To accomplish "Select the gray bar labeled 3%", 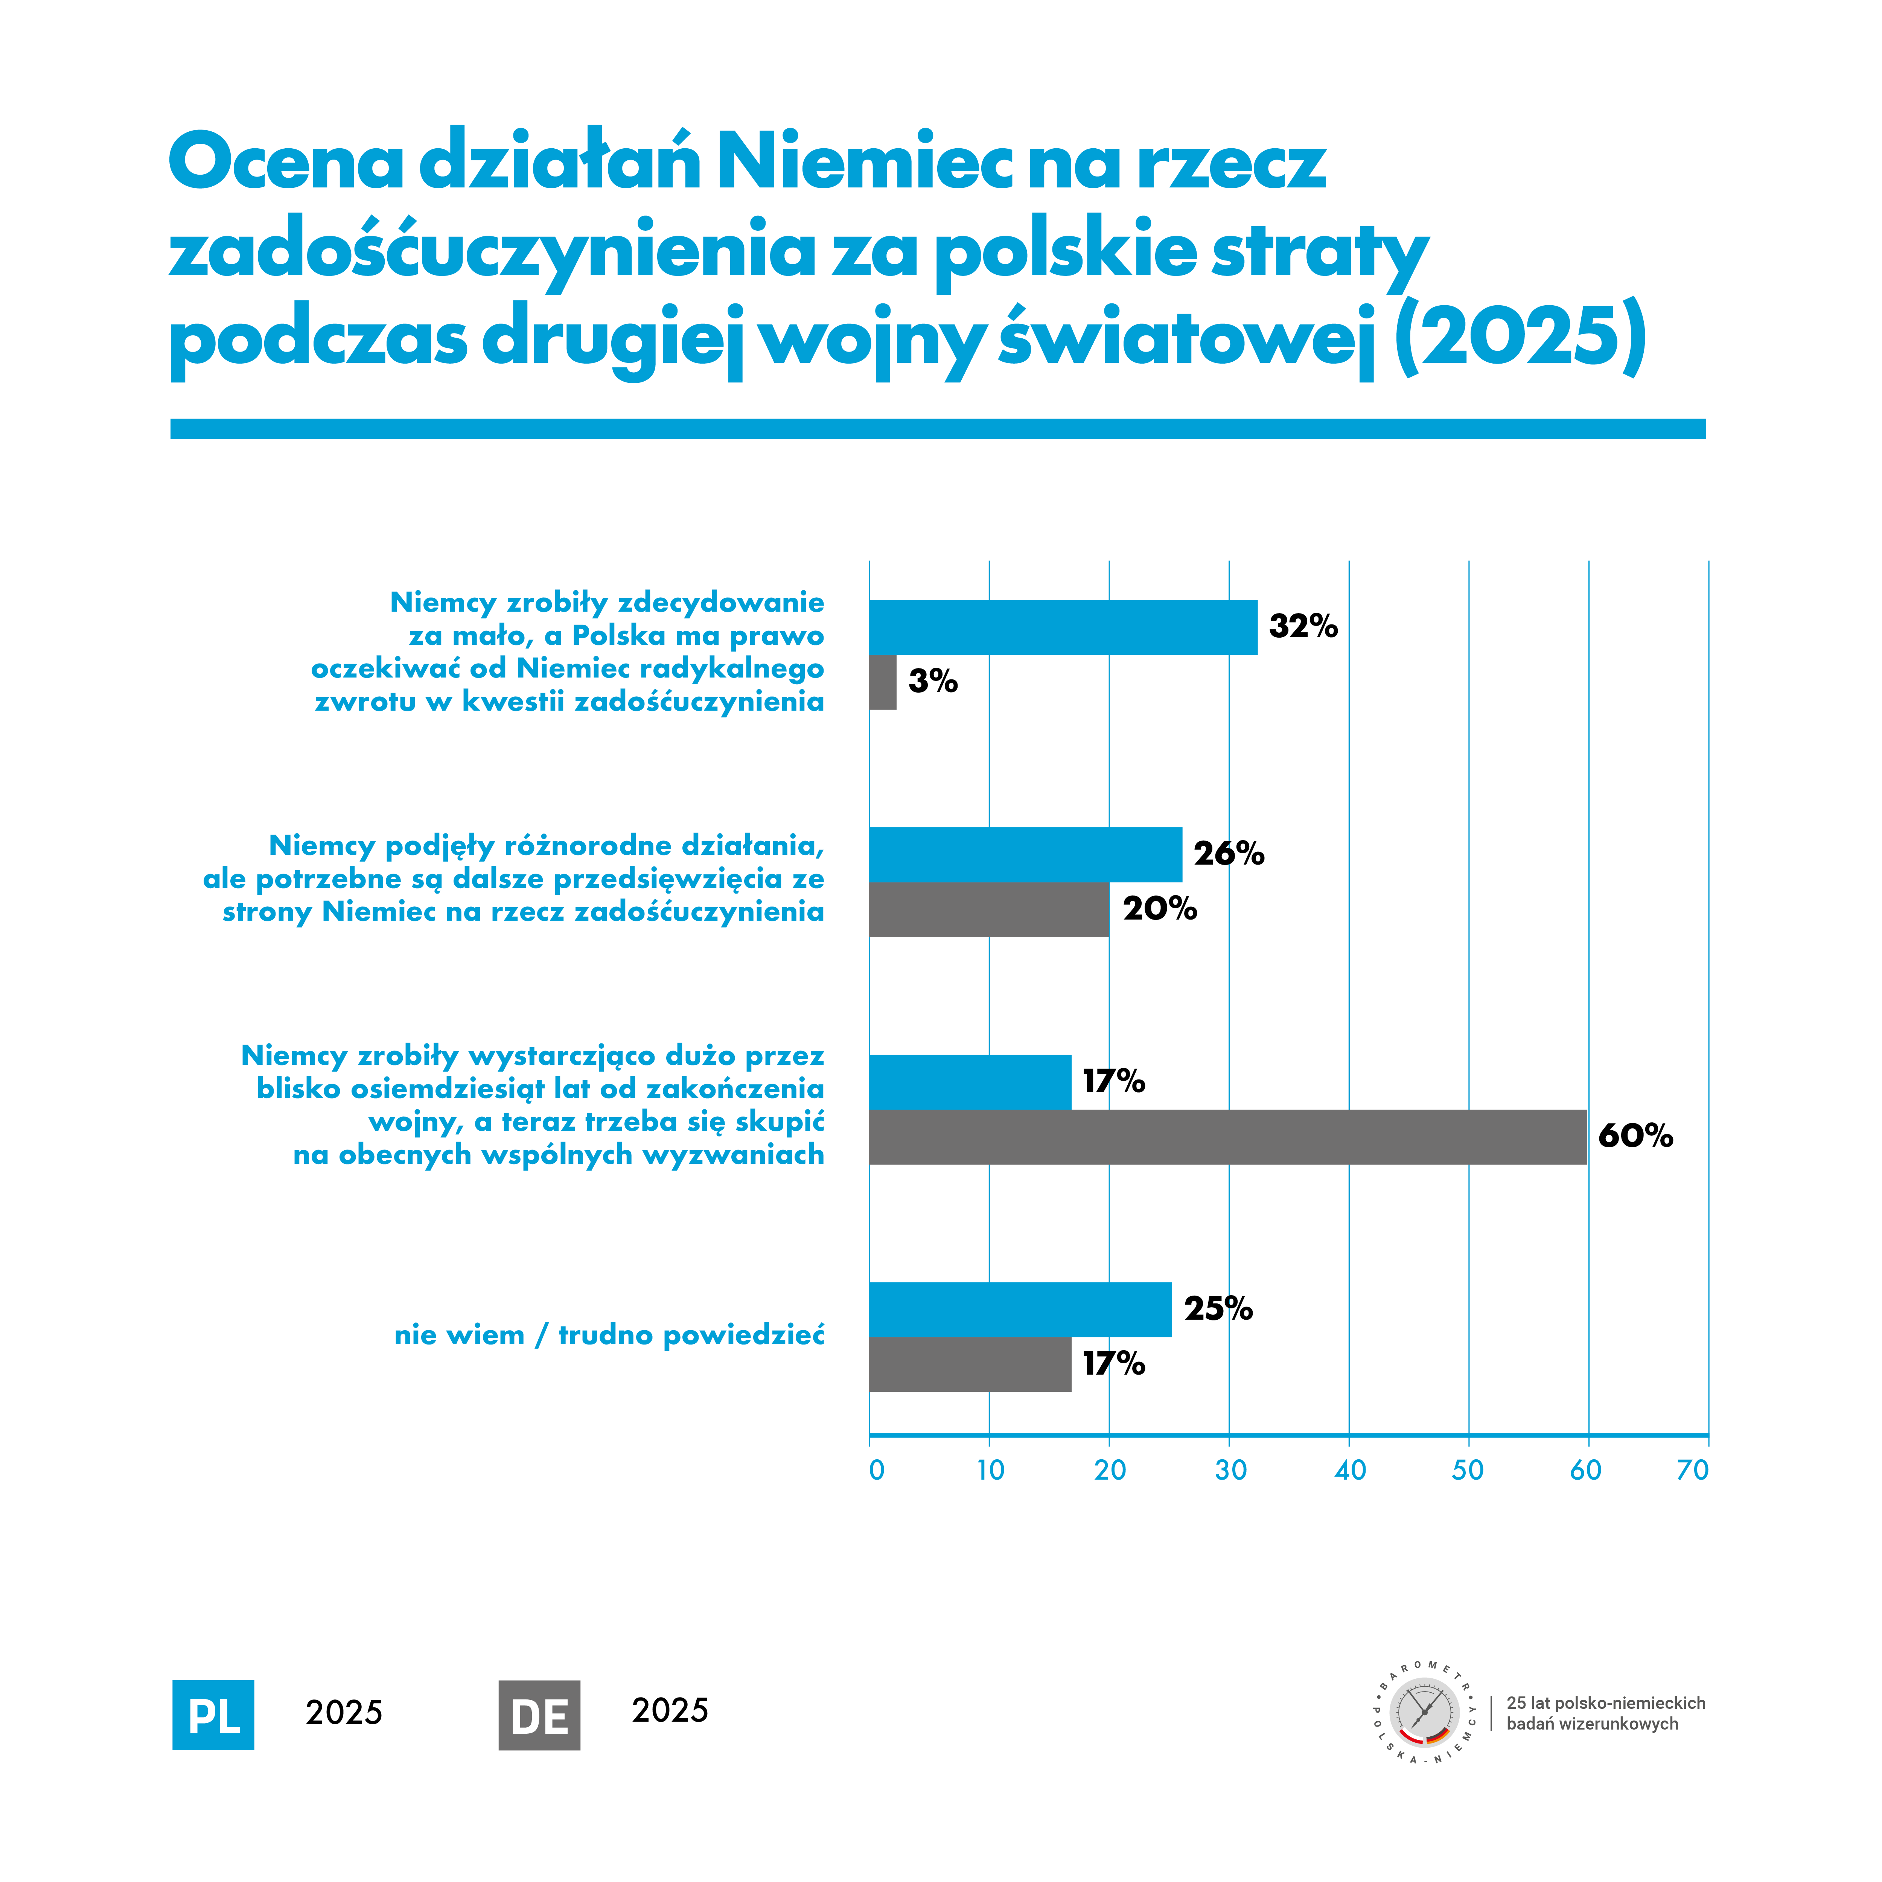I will pyautogui.click(x=883, y=682).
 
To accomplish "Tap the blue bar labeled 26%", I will pyautogui.click(x=1025, y=854).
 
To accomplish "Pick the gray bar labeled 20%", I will pyautogui.click(x=989, y=910).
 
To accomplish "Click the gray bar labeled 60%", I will pyautogui.click(x=1227, y=1137).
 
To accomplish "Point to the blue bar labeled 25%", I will pyautogui.click(x=1020, y=1309).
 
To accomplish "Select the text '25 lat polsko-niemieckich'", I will pyautogui.click(x=1605, y=1703).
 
